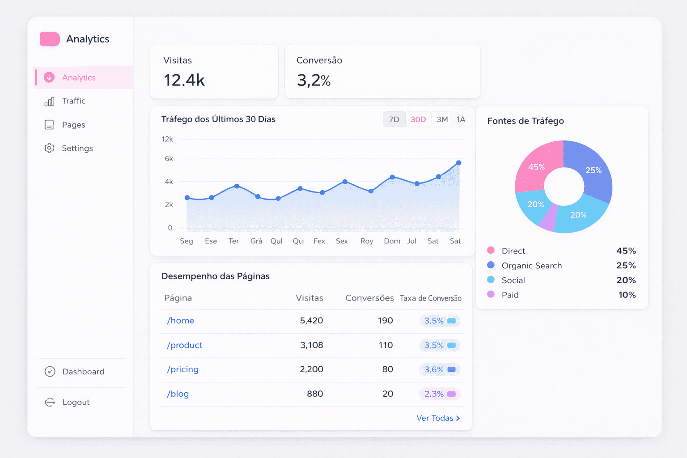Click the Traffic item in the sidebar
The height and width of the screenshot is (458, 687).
pos(73,101)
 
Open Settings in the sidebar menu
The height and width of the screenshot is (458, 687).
pos(77,148)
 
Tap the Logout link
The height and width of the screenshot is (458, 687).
pos(76,402)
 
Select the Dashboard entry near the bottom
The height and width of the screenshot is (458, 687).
pos(83,372)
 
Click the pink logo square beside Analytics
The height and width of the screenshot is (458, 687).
pos(50,39)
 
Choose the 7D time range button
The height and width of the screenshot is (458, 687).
pos(394,119)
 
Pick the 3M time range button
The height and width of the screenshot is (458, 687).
pos(442,119)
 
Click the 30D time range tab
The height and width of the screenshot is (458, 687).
pos(418,119)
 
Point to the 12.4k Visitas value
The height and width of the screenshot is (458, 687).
pos(184,81)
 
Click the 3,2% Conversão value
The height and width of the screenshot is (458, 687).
pos(314,81)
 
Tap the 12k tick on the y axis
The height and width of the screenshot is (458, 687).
pos(167,139)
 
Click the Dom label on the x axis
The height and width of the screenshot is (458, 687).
pos(392,241)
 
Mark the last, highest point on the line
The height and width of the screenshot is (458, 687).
pos(458,163)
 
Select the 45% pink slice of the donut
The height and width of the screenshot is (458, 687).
pos(537,167)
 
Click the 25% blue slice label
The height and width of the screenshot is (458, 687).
pos(594,170)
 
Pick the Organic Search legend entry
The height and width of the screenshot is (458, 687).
pos(531,266)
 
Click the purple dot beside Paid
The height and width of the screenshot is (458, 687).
pos(491,294)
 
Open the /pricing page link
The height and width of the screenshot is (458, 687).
pos(182,369)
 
